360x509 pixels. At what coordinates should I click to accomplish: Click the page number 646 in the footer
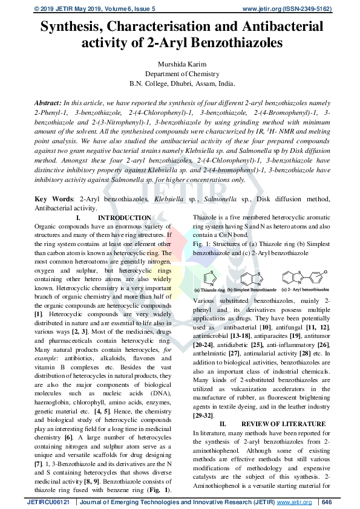pyautogui.click(x=328, y=502)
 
